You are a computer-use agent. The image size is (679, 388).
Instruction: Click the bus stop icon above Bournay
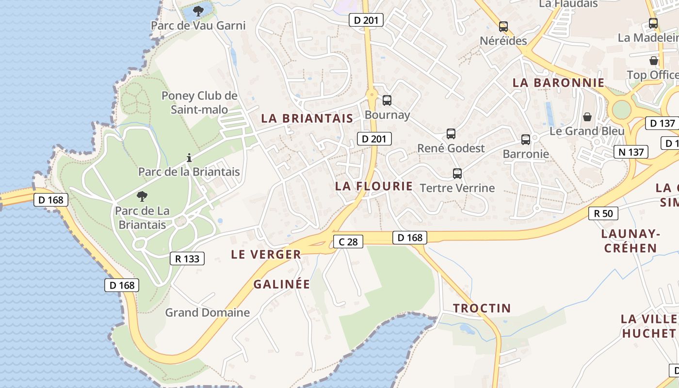coord(387,100)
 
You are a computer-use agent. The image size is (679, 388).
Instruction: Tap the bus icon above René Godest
coord(451,134)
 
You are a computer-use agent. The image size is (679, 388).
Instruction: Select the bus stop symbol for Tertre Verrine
coord(457,174)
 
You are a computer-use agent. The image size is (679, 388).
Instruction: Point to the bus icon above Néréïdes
coord(503,27)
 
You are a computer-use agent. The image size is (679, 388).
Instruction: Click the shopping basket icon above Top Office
coord(654,61)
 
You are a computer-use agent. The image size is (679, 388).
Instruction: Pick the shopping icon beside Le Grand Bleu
coord(587,117)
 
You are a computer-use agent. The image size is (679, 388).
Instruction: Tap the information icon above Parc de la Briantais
coord(189,158)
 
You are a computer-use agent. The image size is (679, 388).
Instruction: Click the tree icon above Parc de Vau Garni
coord(198,11)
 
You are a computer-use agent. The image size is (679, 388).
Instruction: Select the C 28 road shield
coord(348,242)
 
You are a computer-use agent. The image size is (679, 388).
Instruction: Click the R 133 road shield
coord(187,259)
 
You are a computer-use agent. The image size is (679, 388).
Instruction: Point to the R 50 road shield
coord(603,213)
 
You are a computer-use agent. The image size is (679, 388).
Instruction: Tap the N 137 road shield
coord(631,152)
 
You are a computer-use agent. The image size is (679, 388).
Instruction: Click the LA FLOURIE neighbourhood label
coord(374,186)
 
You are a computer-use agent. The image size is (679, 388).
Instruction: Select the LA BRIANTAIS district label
coord(307,118)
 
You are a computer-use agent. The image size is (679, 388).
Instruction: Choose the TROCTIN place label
coord(482,308)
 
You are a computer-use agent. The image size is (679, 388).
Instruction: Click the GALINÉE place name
coord(281,284)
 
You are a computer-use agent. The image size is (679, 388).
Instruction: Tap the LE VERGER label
coord(266,254)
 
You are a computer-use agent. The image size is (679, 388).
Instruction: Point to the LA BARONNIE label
coord(559,82)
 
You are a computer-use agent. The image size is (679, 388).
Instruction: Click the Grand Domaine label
coord(208,312)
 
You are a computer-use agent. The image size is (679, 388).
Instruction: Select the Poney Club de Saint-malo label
coord(199,103)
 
